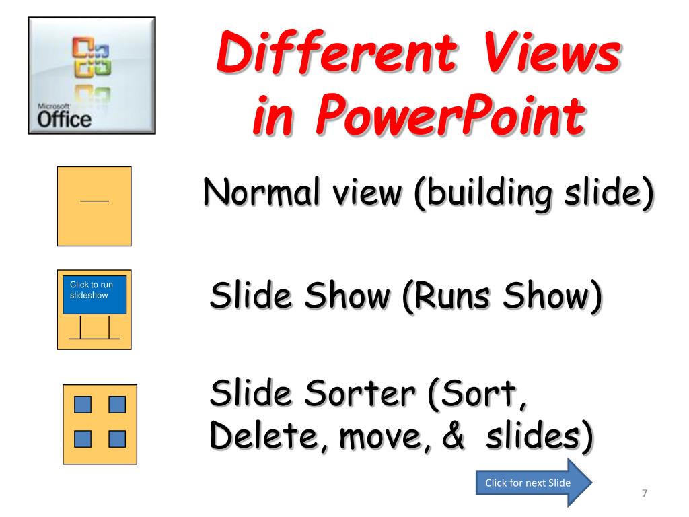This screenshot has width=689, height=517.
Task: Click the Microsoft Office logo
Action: [92, 75]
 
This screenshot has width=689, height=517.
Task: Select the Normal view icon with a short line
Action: [94, 206]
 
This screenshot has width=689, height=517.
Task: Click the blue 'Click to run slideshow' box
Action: [94, 294]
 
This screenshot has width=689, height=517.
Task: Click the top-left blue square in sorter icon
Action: [82, 405]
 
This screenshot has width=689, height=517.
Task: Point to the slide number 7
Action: [644, 494]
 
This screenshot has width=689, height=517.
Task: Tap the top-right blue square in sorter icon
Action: [117, 405]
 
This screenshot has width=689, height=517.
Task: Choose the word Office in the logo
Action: [64, 120]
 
